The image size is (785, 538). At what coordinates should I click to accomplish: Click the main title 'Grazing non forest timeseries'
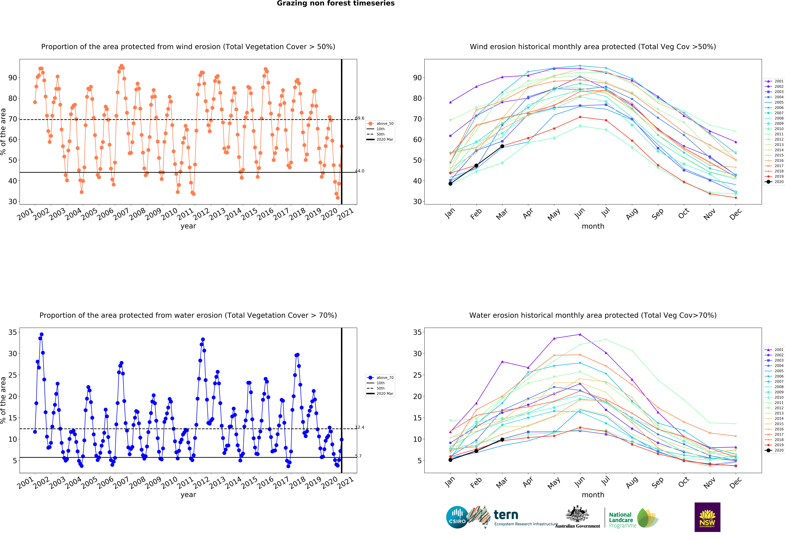click(x=335, y=3)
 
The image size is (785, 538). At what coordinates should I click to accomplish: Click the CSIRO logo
click(x=457, y=517)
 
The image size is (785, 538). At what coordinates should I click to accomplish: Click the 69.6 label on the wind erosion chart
click(x=359, y=118)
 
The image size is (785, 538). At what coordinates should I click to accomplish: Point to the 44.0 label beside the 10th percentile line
click(x=359, y=171)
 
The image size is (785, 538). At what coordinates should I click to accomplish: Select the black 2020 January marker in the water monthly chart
click(x=450, y=460)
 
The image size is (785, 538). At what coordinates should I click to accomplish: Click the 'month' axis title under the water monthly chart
click(x=593, y=495)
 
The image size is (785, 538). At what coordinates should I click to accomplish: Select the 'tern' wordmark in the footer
click(x=506, y=515)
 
